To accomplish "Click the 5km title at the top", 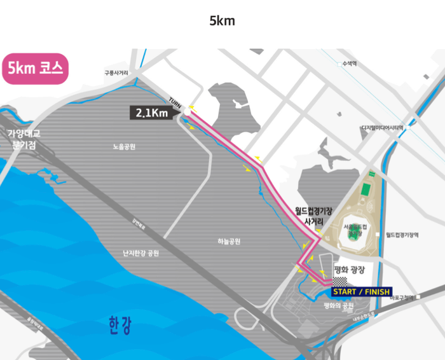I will coord(222,20).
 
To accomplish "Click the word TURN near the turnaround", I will coord(176,102).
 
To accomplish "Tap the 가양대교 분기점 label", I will coord(24,139).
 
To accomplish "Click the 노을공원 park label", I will coord(124,147).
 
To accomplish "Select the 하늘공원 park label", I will coord(229,241).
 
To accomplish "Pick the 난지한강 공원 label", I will coord(141,253).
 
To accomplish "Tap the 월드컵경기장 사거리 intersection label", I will coord(314,215).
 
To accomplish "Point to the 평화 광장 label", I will coord(351,270).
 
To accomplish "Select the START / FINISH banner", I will coord(360,292).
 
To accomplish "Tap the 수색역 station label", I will coord(349,64).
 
